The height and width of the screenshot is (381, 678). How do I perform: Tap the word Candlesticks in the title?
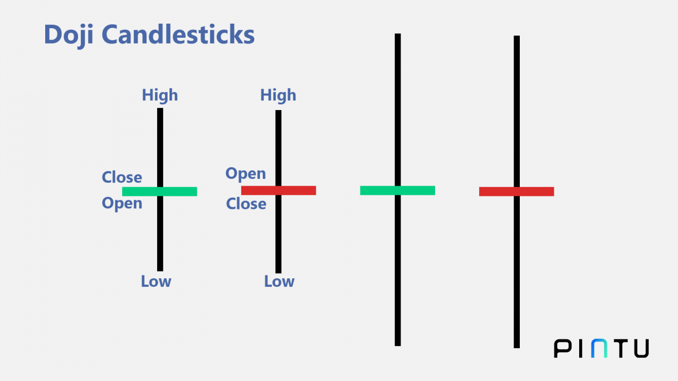tap(179, 35)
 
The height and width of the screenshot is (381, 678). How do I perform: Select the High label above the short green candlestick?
tap(160, 95)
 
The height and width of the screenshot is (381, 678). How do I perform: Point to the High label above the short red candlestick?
tap(278, 95)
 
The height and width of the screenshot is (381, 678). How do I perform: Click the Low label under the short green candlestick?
tap(156, 281)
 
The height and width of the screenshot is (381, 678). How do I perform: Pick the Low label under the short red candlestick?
tap(279, 281)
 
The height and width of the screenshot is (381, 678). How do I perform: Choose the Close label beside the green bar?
tap(121, 177)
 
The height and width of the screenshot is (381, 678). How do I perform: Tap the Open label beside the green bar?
tap(122, 203)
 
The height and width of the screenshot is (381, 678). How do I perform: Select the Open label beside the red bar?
tap(246, 174)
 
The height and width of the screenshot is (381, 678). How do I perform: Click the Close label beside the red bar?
tap(246, 204)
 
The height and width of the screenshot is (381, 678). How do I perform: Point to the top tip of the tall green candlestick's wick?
tap(398, 35)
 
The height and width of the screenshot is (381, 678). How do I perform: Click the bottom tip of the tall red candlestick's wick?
tap(516, 346)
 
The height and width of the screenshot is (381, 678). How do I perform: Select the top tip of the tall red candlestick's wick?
tap(516, 37)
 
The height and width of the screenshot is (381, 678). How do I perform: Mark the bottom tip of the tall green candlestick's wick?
tap(398, 344)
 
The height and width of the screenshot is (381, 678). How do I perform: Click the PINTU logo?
tap(601, 348)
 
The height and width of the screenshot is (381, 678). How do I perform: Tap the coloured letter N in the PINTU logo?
tap(600, 348)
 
